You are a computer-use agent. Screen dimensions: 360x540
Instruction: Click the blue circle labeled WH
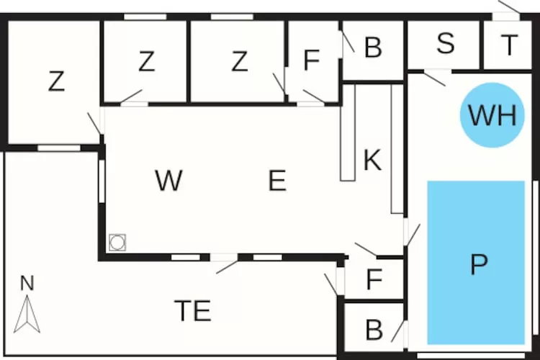point(492,115)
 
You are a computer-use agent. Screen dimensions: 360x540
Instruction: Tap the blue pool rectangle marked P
point(476,263)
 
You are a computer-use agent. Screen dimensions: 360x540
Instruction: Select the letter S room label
point(446,44)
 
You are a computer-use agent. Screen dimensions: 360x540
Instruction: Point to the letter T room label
point(509,45)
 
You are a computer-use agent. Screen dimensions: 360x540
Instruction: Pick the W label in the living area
point(168,181)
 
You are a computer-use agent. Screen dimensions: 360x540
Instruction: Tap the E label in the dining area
point(277,181)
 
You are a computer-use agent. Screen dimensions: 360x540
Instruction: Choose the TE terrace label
point(193,311)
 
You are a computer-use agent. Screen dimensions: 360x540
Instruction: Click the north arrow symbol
point(27,315)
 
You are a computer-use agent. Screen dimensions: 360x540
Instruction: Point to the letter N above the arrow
point(27,284)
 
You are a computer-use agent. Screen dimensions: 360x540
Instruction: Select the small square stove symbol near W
point(117,242)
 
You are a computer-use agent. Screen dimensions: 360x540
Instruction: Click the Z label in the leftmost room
point(56,82)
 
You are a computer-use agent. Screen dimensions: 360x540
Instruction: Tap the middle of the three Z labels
point(146,63)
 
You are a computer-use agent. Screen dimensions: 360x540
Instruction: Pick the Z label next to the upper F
point(239,63)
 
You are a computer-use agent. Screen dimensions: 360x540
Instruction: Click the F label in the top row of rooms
point(311,62)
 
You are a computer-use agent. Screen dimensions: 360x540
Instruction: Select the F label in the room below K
point(373,280)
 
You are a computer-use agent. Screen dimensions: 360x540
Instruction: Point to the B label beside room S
point(372,48)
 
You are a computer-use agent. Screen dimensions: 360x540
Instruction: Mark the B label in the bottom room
point(374,330)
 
